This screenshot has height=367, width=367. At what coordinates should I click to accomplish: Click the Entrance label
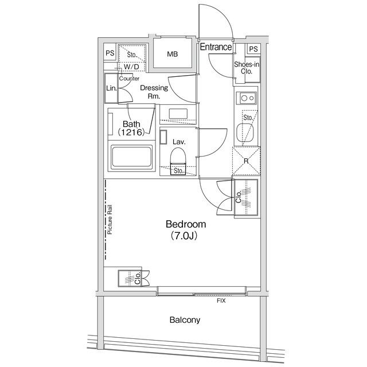click(x=216, y=47)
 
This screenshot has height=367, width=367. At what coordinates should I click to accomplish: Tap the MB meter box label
click(x=173, y=54)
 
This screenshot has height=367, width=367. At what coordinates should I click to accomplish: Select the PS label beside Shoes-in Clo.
click(x=253, y=49)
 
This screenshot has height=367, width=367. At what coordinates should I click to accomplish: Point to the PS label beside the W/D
click(x=110, y=53)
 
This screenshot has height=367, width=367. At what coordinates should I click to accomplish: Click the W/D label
click(x=131, y=67)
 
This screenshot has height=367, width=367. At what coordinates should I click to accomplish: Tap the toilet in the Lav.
click(x=178, y=157)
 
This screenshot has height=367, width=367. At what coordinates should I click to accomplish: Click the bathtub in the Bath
click(x=131, y=157)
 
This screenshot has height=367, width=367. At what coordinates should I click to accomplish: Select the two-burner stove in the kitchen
click(x=247, y=98)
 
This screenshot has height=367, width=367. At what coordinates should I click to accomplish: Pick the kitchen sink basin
click(x=245, y=132)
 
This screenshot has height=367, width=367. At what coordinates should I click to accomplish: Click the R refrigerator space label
click(x=246, y=161)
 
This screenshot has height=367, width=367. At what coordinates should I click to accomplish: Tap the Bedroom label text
click(x=186, y=224)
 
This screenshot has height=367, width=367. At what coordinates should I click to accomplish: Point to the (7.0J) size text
click(x=183, y=236)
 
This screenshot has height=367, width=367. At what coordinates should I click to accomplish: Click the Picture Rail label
click(x=110, y=220)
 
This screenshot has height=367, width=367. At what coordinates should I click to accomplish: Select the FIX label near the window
click(x=221, y=300)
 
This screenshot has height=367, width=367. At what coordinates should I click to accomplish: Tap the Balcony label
click(x=185, y=320)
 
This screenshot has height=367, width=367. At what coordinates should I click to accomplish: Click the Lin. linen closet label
click(x=111, y=88)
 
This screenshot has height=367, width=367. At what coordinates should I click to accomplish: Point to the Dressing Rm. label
click(x=154, y=92)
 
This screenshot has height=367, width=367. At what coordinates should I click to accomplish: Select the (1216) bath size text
click(x=131, y=132)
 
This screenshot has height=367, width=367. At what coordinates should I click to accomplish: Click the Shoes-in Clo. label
click(x=247, y=68)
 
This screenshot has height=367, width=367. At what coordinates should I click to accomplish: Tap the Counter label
click(x=129, y=79)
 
